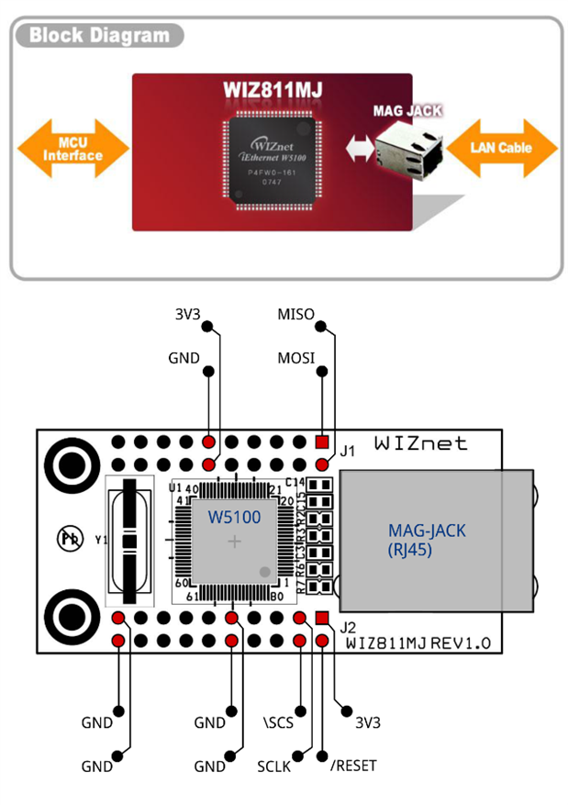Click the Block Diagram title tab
99,37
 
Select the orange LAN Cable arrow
501,147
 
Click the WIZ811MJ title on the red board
273,91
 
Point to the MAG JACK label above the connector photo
407,110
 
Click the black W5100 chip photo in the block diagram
273,160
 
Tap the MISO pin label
295,315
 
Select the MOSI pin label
295,357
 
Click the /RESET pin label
353,765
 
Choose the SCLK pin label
273,766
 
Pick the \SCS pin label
277,722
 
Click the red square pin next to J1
321,442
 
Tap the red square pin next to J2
321,619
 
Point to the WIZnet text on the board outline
420,443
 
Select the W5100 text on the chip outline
234,518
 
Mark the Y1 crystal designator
100,540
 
